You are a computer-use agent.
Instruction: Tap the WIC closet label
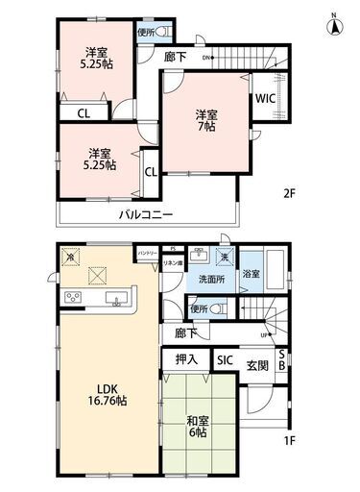coord(264,98)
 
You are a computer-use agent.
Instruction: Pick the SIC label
coord(224,360)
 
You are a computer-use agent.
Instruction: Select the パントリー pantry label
coord(148,252)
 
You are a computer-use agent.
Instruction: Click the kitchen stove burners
coord(74,299)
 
